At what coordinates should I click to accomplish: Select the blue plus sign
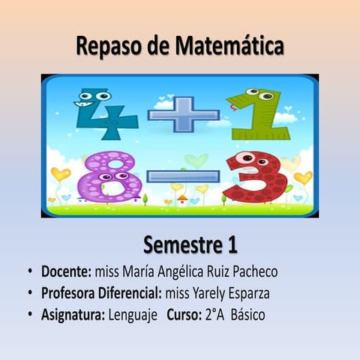click(x=183, y=114)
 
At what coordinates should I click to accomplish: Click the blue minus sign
click(x=183, y=177)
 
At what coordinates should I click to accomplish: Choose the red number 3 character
click(x=255, y=177)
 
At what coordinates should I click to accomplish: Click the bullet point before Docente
click(x=28, y=271)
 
